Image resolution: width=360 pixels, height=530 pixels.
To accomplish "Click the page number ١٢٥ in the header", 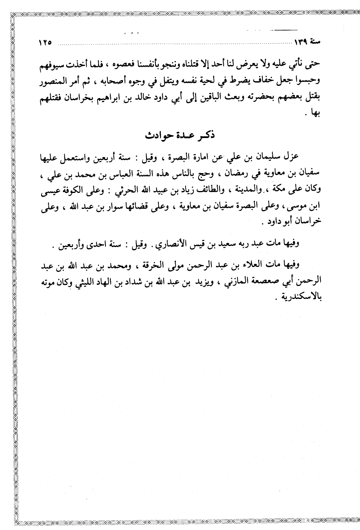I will (x=45, y=42).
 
